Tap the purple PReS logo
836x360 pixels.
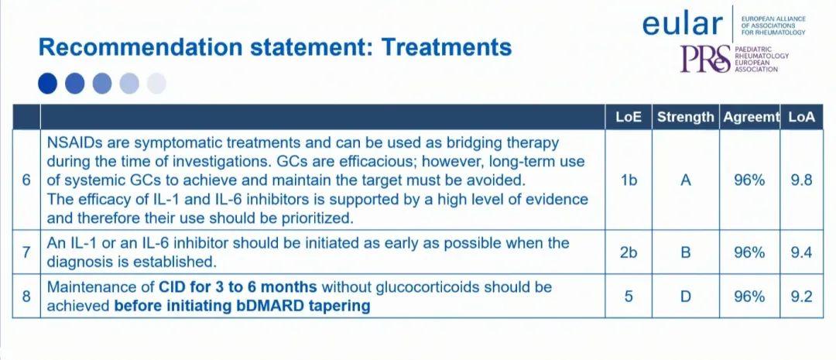coord(705,59)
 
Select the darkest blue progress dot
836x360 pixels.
coord(47,84)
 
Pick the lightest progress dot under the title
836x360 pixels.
coord(156,84)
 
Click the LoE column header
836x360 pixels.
coord(628,118)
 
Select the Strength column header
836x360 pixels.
coord(685,118)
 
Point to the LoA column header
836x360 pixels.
coord(802,118)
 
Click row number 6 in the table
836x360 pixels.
coord(26,180)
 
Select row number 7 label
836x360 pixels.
coord(26,252)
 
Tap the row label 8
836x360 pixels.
coord(26,296)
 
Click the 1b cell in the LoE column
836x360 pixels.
coord(629,180)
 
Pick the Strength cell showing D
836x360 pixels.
coord(686,296)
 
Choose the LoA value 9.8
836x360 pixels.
coord(802,180)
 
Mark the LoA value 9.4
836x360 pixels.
coord(802,252)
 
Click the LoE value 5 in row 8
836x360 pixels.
coord(629,296)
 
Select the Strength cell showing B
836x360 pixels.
coord(686,252)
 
